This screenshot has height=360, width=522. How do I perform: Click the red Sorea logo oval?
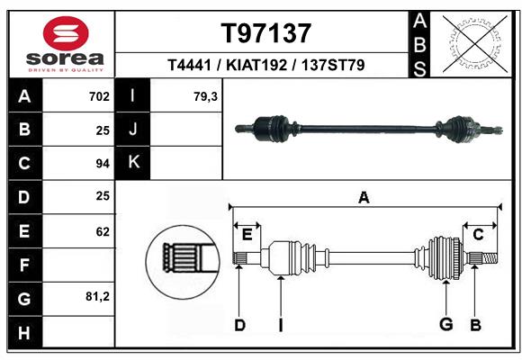click(66, 33)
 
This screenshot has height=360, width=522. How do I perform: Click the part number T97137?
click(266, 33)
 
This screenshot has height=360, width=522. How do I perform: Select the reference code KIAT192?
click(256, 65)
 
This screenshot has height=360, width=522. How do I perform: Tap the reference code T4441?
click(189, 65)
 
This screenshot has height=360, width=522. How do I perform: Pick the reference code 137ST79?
click(333, 65)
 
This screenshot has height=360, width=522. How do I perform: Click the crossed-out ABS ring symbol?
click(476, 44)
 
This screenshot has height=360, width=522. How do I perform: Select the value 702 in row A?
click(99, 96)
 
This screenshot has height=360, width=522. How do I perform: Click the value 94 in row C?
click(103, 164)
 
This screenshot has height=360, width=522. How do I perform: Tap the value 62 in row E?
click(103, 231)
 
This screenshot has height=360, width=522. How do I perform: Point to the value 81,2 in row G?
click(97, 296)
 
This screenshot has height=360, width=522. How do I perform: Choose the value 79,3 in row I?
click(205, 96)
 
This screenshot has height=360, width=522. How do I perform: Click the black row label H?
click(25, 332)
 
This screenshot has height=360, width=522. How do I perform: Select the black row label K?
click(133, 163)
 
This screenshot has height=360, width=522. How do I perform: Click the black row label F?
click(25, 265)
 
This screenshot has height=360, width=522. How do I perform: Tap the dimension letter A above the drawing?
click(364, 197)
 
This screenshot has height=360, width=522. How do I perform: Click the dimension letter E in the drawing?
click(247, 235)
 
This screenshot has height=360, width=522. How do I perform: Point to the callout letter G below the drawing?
click(446, 324)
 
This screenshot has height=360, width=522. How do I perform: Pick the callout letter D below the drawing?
click(239, 325)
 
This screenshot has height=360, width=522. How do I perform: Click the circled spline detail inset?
click(183, 262)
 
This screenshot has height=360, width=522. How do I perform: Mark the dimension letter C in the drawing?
click(478, 235)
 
